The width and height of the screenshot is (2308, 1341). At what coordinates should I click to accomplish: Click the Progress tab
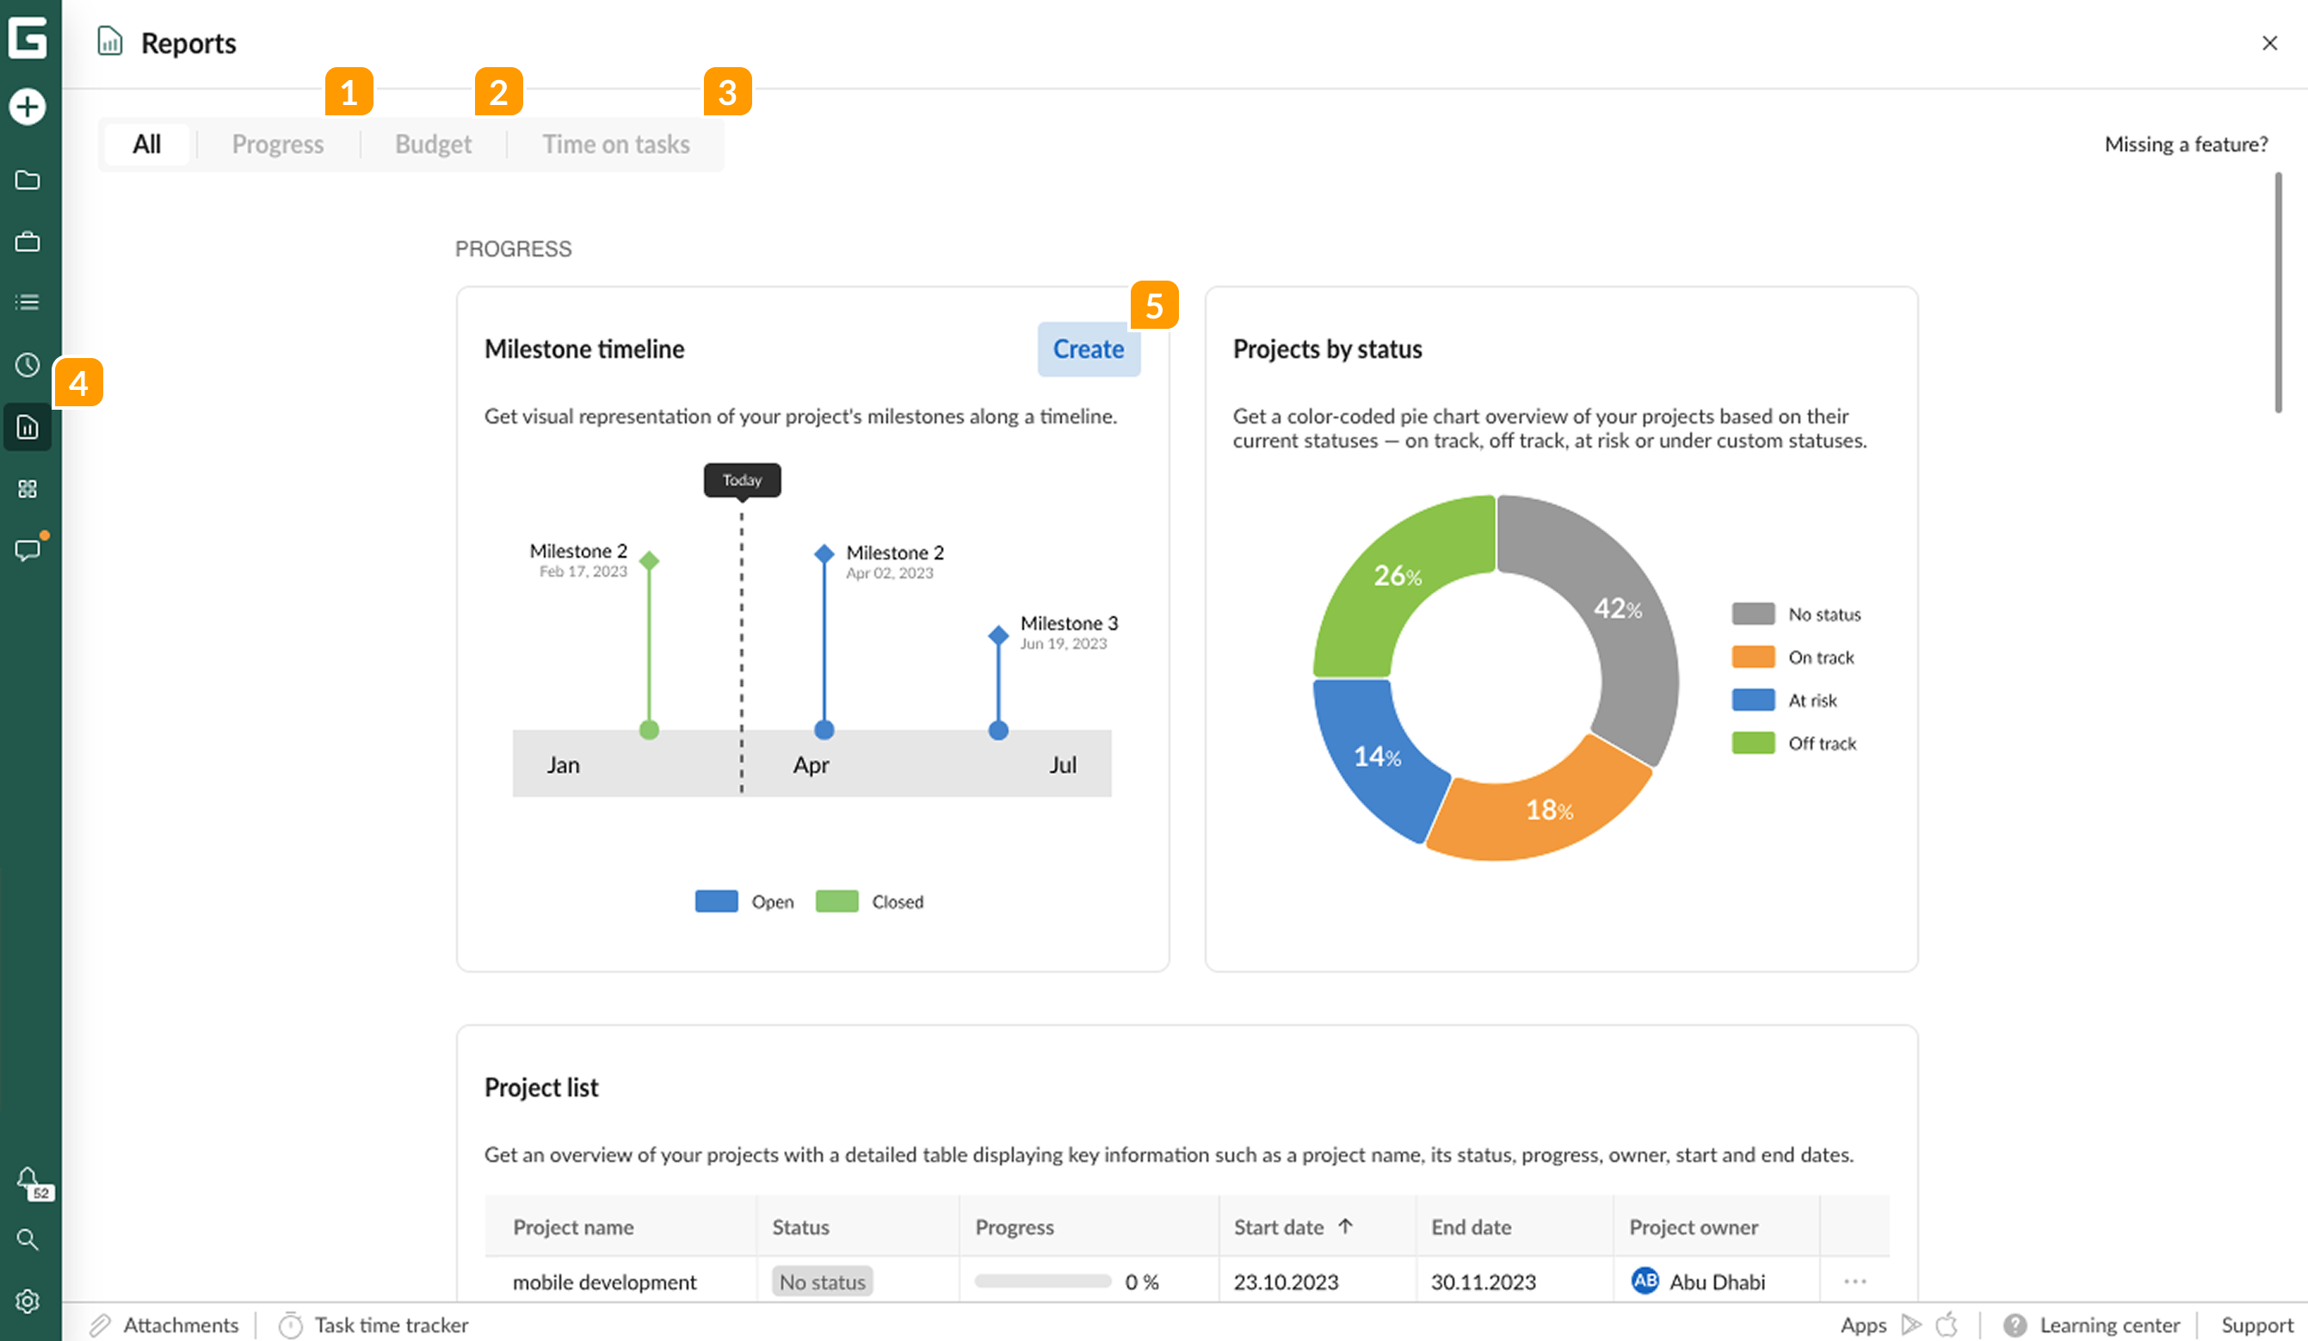277,145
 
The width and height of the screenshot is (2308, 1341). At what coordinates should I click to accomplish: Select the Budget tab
433,145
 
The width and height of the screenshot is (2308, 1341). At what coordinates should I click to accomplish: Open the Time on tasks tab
615,145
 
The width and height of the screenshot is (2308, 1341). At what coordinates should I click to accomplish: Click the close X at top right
2269,43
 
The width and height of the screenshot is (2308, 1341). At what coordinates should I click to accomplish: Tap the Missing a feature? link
2185,145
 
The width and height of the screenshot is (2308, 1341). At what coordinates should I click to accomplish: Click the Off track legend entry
1821,744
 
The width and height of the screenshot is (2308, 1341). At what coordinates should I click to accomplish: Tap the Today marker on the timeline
742,480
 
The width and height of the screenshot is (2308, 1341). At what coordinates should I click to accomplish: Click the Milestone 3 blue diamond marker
998,634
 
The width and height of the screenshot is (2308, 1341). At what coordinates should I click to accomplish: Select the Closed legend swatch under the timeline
836,901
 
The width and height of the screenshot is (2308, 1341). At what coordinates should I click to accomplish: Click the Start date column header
1279,1227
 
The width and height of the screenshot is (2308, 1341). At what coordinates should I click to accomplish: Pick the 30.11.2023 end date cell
1483,1282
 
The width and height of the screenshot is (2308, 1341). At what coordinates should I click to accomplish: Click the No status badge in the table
822,1282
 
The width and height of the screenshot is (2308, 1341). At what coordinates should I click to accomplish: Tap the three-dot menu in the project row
1854,1282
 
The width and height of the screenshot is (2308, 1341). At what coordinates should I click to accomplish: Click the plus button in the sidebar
28,108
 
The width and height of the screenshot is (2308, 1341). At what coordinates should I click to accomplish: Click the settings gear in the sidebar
28,1301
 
